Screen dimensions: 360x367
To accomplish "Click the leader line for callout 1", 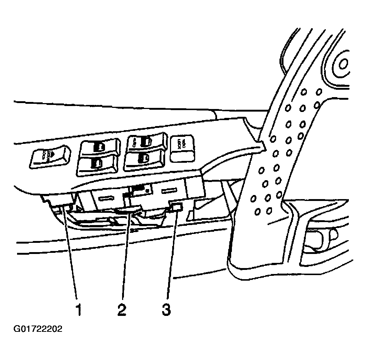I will pos(72,260).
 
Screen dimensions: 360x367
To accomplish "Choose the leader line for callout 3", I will pos(170,260).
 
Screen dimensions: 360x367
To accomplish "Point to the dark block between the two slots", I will pos(141,189).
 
